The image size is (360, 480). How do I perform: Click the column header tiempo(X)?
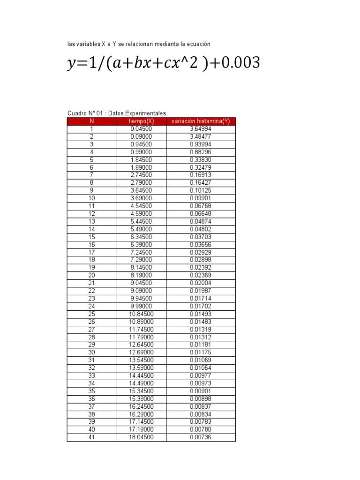coord(141,121)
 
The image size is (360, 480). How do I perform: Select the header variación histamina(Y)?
coord(201,121)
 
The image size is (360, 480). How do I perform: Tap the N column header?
coord(92,121)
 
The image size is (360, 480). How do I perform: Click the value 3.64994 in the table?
coord(201,129)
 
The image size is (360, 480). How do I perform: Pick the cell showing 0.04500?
coord(141,129)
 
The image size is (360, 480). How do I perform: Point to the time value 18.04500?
coord(141,437)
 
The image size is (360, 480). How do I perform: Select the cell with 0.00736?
coord(201,437)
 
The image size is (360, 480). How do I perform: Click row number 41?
coord(92,437)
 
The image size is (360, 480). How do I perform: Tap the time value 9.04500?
coord(141,283)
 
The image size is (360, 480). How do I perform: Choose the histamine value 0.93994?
coord(201,144)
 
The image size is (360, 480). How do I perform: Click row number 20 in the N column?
coord(92,276)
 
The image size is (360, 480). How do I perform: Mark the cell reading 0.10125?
coord(201,191)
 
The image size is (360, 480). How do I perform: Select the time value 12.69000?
coord(141,352)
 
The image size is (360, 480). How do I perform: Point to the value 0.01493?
coord(201,314)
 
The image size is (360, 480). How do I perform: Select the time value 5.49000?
coord(141,229)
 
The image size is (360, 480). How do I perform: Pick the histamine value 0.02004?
coord(201,283)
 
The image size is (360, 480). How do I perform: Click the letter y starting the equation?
coord(71,64)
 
